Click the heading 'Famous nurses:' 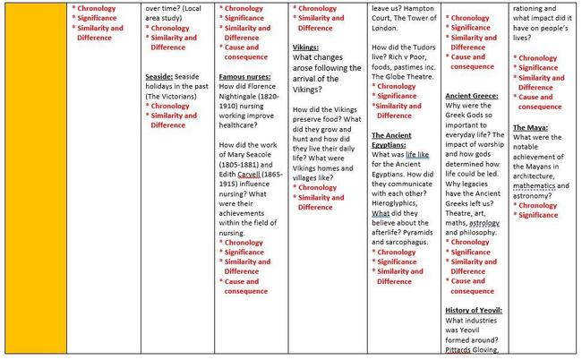coord(245,77)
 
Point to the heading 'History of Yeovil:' coord(474,310)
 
